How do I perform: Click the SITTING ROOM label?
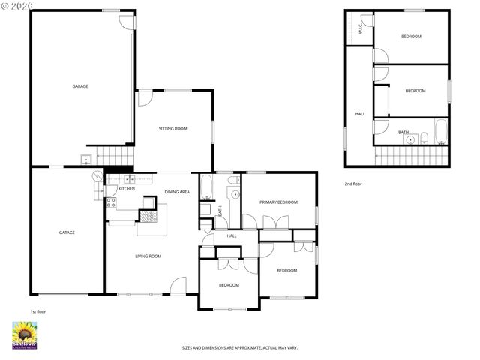[x=172, y=129]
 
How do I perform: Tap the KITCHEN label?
[x=126, y=189]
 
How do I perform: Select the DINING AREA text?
[x=177, y=193]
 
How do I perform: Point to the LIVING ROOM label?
[x=148, y=256]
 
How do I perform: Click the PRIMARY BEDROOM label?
[x=278, y=202]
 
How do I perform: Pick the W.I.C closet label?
[x=361, y=29]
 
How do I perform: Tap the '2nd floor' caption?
[x=353, y=184]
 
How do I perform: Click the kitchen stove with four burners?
[x=110, y=202]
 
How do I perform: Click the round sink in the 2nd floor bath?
[x=410, y=139]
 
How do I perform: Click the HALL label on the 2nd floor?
[x=360, y=114]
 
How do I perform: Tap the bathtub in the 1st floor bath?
[x=206, y=190]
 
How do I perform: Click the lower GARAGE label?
[x=67, y=232]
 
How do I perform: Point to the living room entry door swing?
[x=178, y=285]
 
